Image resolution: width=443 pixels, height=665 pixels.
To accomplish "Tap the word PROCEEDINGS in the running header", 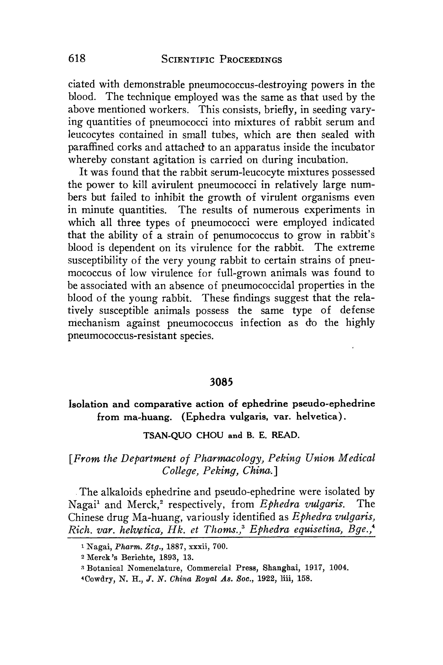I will click(251, 60).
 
